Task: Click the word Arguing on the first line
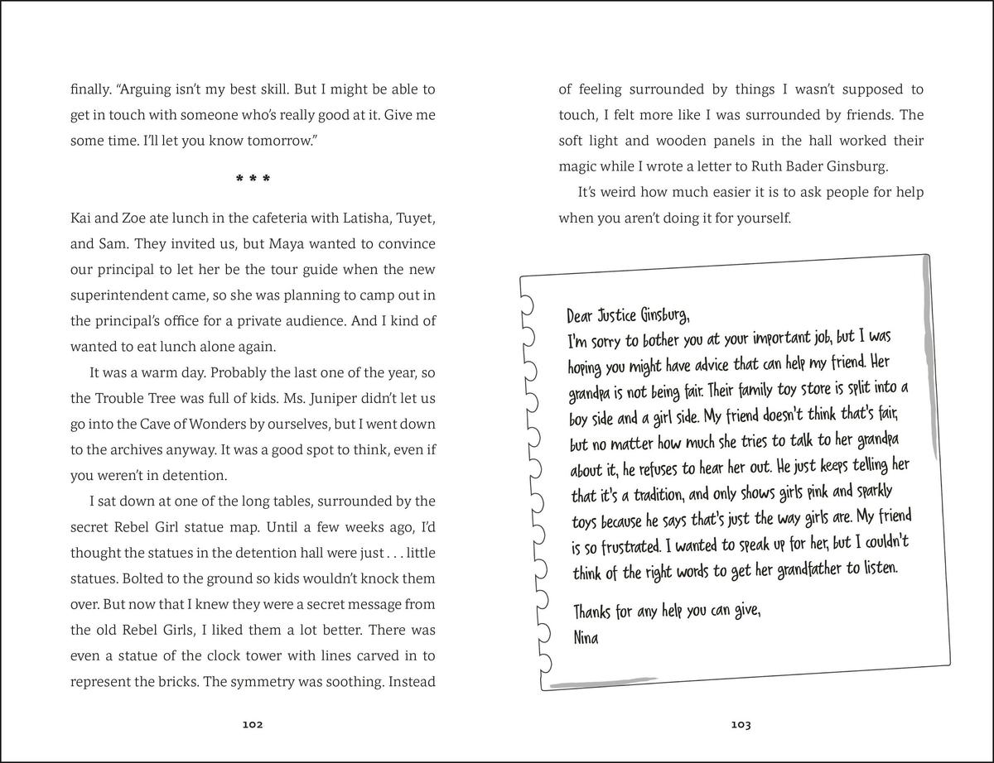pyautogui.click(x=147, y=89)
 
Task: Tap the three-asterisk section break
pyautogui.click(x=253, y=180)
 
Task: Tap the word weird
pyautogui.click(x=620, y=192)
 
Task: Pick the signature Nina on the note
pyautogui.click(x=586, y=637)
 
